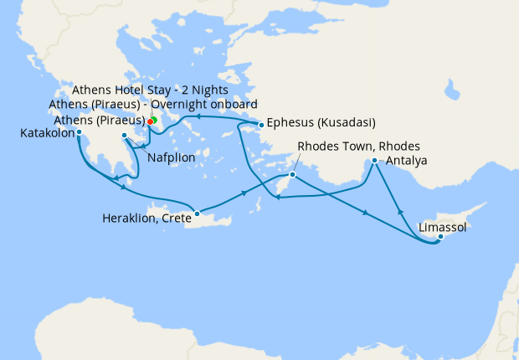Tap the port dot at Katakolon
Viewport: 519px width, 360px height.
(79, 131)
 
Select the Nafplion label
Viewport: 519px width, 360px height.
(173, 157)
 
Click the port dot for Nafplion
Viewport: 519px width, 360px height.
(125, 136)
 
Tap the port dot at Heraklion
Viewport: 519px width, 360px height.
(197, 213)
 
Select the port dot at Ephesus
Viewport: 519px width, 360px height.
(261, 126)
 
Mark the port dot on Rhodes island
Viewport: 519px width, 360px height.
(292, 175)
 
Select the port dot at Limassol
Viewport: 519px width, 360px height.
(440, 237)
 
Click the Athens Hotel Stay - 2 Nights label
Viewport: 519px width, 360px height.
(151, 90)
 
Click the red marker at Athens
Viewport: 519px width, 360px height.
(150, 121)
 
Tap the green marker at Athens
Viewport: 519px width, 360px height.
(155, 121)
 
